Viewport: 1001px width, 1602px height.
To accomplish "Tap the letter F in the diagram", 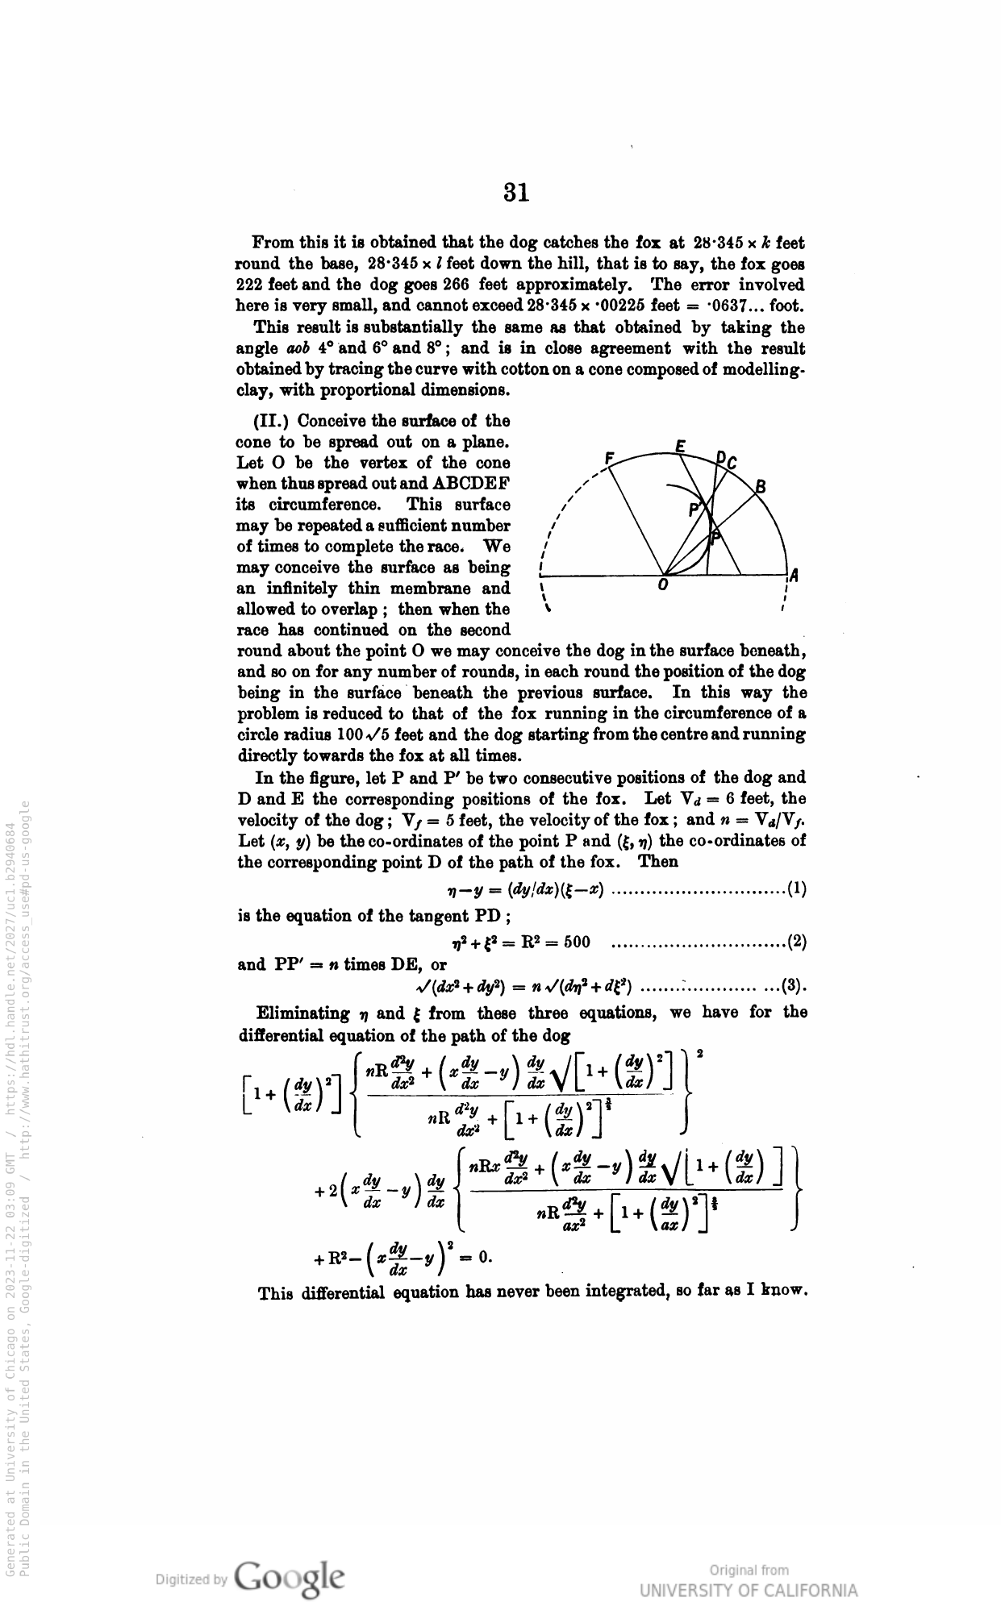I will coord(611,459).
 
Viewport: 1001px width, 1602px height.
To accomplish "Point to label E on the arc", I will coord(681,446).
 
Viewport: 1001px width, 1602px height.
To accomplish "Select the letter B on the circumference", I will coord(760,486).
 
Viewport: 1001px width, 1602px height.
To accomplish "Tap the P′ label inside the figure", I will coord(694,510).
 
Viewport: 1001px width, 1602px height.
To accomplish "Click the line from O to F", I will coord(636,520).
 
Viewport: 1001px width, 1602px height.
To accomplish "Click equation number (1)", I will coord(796,891).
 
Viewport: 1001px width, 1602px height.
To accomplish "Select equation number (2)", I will coord(796,941).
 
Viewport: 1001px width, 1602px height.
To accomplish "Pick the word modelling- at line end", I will coord(765,370).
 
